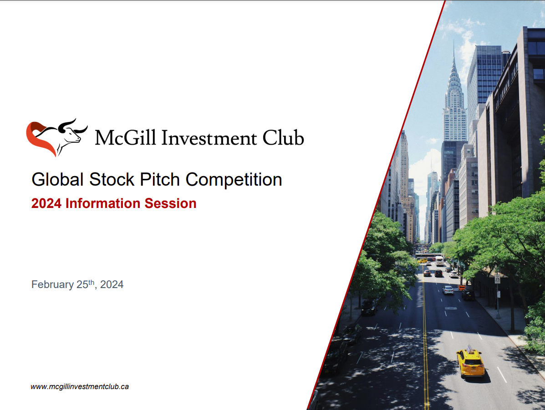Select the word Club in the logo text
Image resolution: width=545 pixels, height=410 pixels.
[x=284, y=137]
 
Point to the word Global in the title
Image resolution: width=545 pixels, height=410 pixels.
[x=58, y=180]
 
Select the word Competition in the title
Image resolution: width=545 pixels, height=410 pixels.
[x=234, y=180]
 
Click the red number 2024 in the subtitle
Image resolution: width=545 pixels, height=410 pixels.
[x=46, y=203]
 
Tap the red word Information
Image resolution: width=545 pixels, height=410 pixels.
[x=103, y=203]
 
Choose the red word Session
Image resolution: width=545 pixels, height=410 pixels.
[x=171, y=203]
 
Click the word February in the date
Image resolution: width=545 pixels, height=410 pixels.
[x=52, y=285]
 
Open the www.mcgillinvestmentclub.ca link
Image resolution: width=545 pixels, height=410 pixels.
[x=80, y=387]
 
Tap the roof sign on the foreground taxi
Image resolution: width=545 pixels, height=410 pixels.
[x=469, y=348]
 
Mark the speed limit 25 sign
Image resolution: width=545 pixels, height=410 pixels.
[x=497, y=279]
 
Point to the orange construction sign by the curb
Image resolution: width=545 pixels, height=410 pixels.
[x=462, y=287]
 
